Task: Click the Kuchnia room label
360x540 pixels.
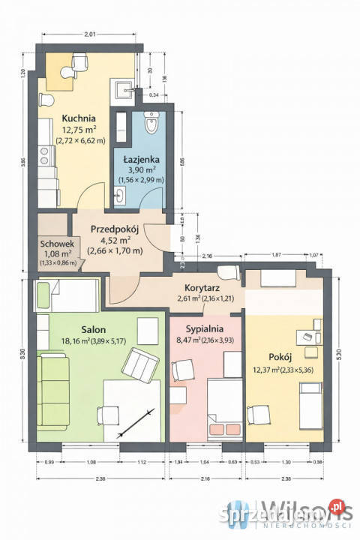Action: pyautogui.click(x=79, y=118)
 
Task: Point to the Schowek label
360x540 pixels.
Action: pyautogui.click(x=56, y=244)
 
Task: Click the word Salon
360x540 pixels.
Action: pyautogui.click(x=94, y=329)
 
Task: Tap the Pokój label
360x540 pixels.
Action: pyautogui.click(x=280, y=357)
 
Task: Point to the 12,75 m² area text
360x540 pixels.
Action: pyautogui.click(x=79, y=129)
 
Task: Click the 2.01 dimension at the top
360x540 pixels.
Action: pyautogui.click(x=89, y=34)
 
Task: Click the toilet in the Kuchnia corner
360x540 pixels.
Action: pyautogui.click(x=44, y=100)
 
